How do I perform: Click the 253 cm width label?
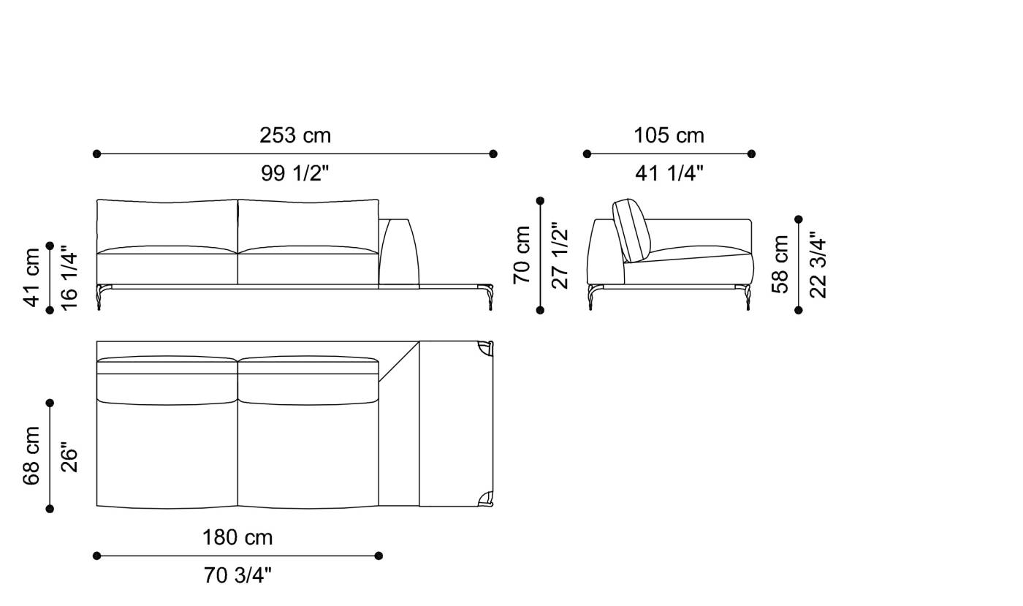click(295, 135)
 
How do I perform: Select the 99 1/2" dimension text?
click(295, 173)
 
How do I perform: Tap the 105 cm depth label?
click(669, 135)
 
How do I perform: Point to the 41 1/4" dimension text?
click(669, 173)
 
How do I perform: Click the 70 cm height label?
click(522, 255)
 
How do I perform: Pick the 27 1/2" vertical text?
click(560, 255)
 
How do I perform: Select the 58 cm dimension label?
click(780, 264)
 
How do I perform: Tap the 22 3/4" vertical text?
click(818, 264)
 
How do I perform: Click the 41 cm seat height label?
click(32, 277)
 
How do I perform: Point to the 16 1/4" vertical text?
click(69, 277)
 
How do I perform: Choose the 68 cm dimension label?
click(32, 455)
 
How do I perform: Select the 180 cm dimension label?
click(237, 537)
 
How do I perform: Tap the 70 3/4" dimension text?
click(237, 576)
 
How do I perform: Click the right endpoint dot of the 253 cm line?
click(493, 154)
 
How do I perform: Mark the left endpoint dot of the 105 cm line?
click(587, 154)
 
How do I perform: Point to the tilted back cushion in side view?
click(631, 229)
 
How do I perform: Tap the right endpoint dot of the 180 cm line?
click(379, 556)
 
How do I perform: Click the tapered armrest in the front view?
click(398, 251)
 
